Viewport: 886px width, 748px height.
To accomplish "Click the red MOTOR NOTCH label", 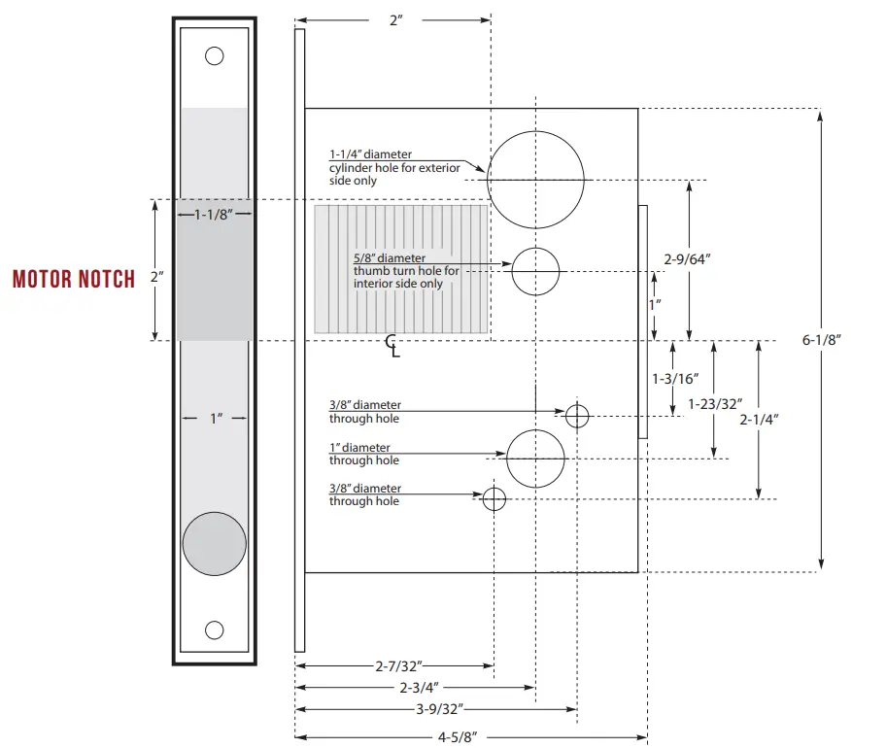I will click(74, 280).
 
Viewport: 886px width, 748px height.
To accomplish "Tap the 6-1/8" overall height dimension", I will click(821, 339).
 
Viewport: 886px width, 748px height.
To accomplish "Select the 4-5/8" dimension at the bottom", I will click(469, 736).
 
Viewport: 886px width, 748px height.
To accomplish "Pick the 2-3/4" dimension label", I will click(415, 687).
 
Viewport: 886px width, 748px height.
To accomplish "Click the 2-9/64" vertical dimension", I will click(689, 258).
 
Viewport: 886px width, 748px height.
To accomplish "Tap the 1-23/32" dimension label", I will click(714, 402).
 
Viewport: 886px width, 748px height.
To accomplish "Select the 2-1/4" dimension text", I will click(759, 419).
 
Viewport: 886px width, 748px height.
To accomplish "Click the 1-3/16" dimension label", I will click(674, 377).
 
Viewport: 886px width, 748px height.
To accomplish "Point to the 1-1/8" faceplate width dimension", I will click(215, 214).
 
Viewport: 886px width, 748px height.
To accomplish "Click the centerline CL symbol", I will click(392, 345).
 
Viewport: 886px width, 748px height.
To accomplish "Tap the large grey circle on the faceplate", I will click(215, 543).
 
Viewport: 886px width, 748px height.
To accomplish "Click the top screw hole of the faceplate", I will click(215, 55).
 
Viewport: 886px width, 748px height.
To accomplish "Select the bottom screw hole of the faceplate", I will click(215, 629).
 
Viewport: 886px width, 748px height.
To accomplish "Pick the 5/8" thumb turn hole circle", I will click(536, 271).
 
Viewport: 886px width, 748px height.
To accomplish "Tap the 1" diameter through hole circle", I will click(535, 458).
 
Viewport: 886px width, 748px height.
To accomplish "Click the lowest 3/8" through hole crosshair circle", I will click(494, 498).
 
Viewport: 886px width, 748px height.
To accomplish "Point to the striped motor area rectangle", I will click(400, 268).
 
